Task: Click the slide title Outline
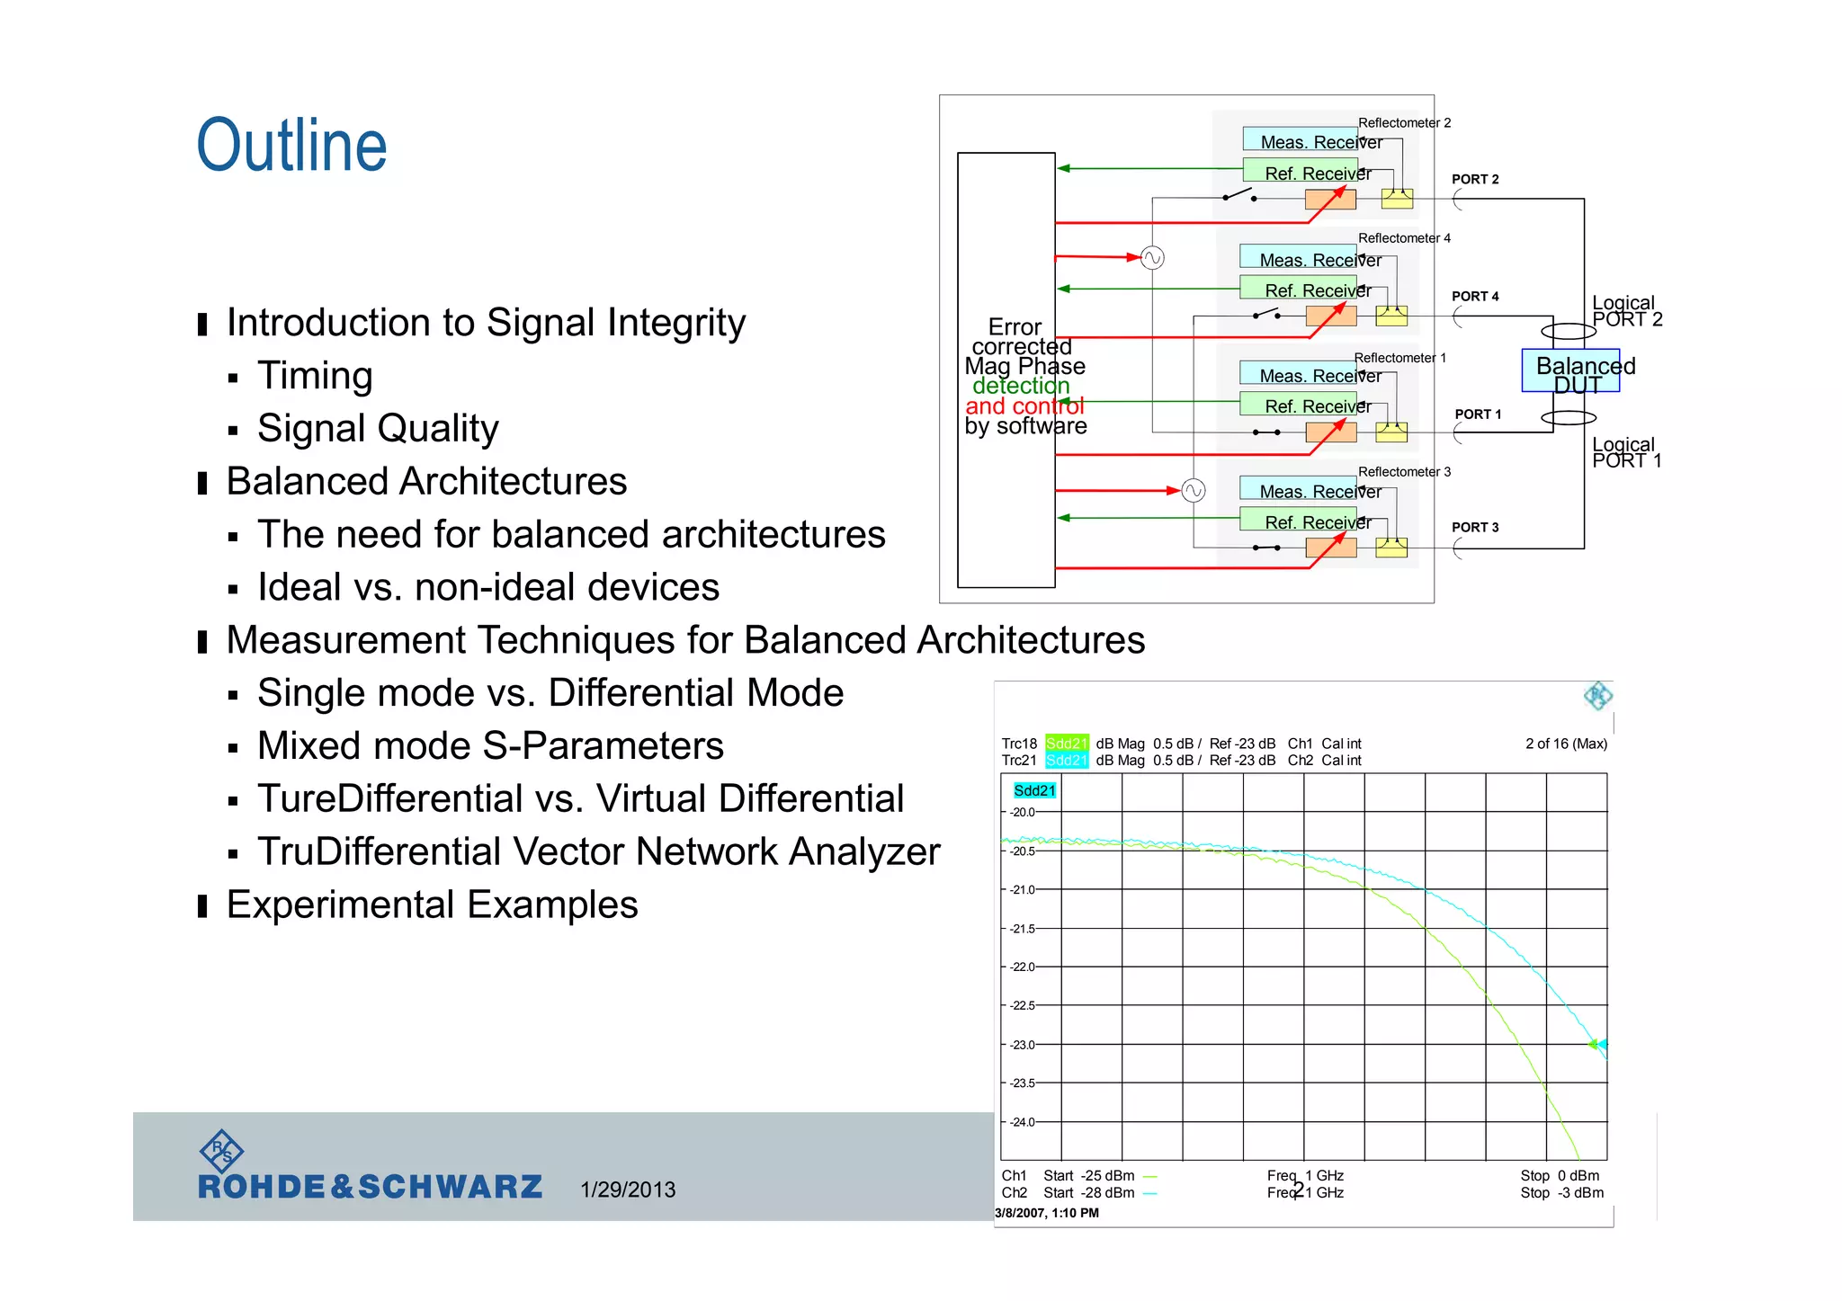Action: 291,146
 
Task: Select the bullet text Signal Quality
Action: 378,429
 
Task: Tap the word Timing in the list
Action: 315,376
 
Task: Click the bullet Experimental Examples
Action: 432,904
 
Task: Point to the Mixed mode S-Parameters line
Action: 490,746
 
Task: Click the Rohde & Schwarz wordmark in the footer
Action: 370,1187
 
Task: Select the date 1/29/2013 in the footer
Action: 628,1190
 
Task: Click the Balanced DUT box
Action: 1570,370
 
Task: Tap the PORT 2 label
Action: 1475,180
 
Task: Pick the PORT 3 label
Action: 1475,528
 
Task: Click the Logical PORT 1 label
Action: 1626,452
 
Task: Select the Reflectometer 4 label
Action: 1404,238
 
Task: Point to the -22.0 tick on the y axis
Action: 1022,967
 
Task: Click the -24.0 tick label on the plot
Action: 1022,1122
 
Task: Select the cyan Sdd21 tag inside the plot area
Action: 1034,790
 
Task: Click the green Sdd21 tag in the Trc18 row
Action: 1067,744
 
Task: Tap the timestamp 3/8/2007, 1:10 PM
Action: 1047,1213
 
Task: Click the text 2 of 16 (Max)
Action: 1566,744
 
